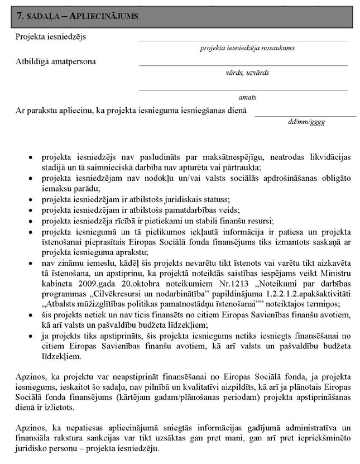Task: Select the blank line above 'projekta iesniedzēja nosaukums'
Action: pos(243,41)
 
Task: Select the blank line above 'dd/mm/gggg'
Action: pos(305,116)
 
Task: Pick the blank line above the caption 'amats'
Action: pos(243,89)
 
